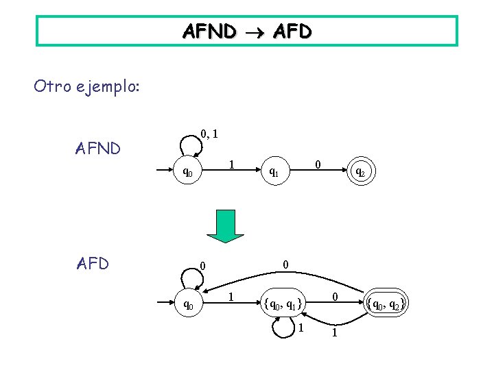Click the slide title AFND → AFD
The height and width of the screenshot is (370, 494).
(x=246, y=31)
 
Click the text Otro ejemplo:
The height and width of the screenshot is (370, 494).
(x=86, y=87)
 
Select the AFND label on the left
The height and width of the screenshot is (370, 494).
(x=97, y=148)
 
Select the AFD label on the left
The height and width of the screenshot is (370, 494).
(x=93, y=263)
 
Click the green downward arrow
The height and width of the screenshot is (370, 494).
(x=226, y=225)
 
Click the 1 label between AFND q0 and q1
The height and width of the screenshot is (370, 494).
(x=233, y=164)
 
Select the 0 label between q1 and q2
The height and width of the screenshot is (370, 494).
(x=318, y=164)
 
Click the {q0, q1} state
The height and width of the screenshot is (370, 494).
(x=281, y=302)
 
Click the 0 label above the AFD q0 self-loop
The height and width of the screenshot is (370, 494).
(x=202, y=265)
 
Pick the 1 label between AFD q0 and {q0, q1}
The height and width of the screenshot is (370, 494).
(x=232, y=297)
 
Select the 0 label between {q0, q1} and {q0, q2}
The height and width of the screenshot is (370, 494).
(x=334, y=297)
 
